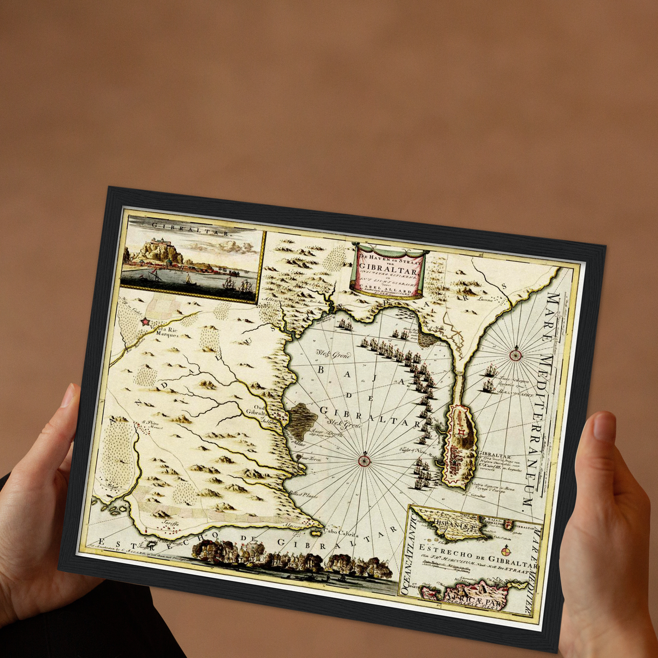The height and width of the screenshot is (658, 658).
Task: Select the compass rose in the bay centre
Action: point(365,460)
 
